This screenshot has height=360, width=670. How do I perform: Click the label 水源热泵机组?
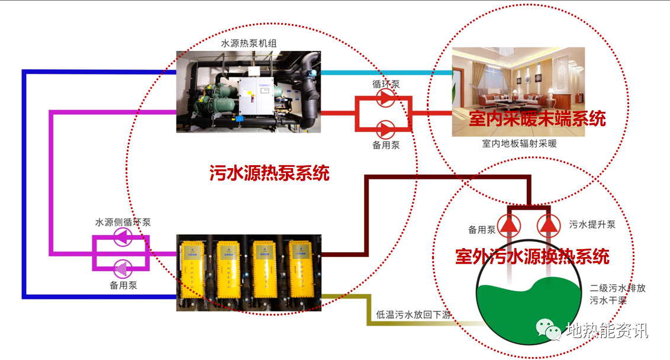[x=249, y=43]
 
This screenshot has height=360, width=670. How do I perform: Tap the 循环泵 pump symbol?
[x=385, y=98]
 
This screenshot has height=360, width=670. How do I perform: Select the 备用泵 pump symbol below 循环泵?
[x=385, y=128]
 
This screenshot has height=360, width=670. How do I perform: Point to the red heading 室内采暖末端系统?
[x=537, y=118]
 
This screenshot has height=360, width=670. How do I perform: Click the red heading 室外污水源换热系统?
[x=532, y=256]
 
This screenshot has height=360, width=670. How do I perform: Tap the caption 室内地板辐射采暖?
[x=519, y=144]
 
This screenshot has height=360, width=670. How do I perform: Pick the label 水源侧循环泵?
[x=123, y=222]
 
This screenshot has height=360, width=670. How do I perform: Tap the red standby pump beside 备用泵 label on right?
[x=508, y=224]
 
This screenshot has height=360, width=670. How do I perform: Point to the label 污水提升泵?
[x=592, y=225]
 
